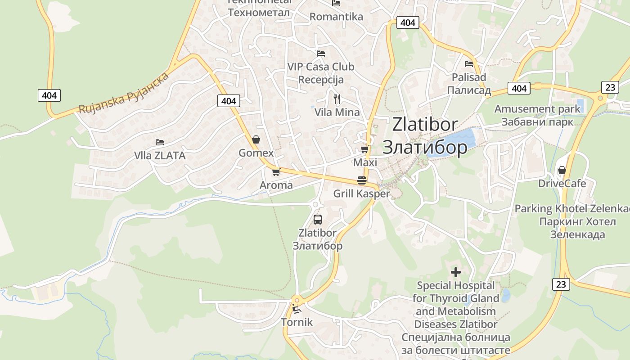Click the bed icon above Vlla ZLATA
point(160,142)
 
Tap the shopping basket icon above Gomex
point(256,139)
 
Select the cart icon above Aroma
point(276,172)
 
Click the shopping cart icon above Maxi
point(364,149)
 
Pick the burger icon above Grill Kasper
point(362,180)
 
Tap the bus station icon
point(318,220)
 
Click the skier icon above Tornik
point(297,309)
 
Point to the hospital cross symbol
point(456,272)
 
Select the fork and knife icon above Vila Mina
point(337,99)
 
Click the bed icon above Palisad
point(469,64)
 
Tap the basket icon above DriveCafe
point(562,170)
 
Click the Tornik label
point(297,322)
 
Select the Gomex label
point(256,153)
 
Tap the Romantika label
point(336,17)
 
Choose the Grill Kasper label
point(361,194)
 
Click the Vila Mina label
point(337,112)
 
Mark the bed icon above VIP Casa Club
point(320,53)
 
